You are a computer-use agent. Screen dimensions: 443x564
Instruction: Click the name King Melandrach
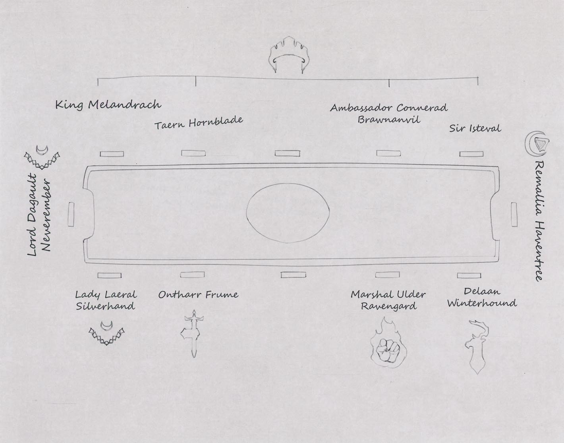pos(108,105)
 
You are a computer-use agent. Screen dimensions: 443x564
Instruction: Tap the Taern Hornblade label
pos(198,123)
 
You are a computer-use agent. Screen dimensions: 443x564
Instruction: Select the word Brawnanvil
pos(388,119)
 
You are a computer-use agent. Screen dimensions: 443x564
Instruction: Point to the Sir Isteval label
pos(475,128)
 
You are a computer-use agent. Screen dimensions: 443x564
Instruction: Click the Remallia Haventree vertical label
pos(539,221)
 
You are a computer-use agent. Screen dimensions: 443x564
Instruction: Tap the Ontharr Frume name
pos(198,295)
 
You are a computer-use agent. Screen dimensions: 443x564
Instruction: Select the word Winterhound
pos(482,303)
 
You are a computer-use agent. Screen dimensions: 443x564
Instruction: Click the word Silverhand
pos(106,306)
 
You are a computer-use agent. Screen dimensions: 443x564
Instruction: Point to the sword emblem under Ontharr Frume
pos(192,333)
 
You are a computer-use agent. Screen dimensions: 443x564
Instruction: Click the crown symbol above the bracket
pos(288,56)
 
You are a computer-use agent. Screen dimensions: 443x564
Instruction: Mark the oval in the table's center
pos(288,213)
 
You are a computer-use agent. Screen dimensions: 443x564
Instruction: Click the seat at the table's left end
pos(71,214)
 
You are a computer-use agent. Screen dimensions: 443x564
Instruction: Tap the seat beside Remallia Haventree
pos(514,214)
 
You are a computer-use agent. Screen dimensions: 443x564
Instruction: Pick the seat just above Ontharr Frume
pos(192,275)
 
